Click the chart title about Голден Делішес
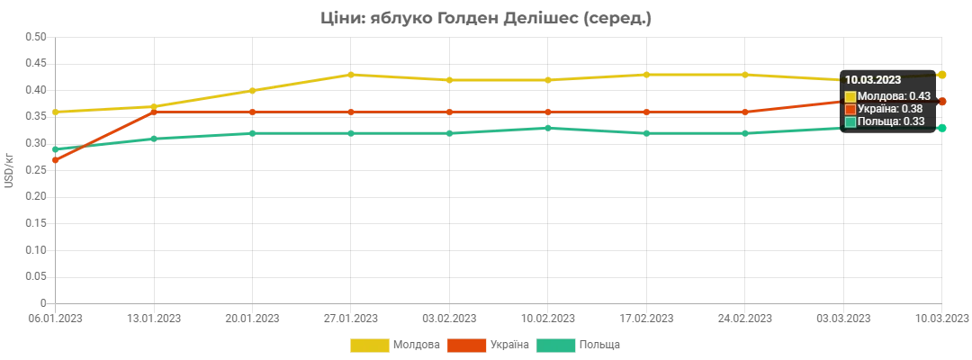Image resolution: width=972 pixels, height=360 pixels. pos(486,19)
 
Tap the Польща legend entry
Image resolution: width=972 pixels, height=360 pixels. pos(578,345)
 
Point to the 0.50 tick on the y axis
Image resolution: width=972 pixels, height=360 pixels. pos(36,37)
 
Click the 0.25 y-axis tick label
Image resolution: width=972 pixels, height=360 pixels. pos(36,170)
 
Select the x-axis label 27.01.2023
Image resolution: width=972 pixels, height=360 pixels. pos(351,319)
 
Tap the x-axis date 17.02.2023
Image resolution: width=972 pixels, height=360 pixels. pos(646,319)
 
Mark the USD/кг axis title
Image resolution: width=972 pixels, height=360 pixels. pos(9,170)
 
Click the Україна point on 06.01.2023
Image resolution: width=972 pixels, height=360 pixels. pos(55,160)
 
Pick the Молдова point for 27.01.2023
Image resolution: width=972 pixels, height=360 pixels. pos(351,75)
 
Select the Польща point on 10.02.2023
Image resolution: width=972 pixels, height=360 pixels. pos(548,129)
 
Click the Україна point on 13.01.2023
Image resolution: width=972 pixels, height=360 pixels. pos(154,112)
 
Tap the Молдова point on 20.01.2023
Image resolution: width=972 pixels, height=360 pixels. pos(252,91)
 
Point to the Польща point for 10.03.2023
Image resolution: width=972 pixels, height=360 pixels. pos(941,129)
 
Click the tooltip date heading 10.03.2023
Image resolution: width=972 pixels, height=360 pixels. pos(873,80)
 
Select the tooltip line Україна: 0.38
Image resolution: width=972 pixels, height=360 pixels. pos(884,109)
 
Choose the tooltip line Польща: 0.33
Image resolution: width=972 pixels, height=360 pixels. pos(885,121)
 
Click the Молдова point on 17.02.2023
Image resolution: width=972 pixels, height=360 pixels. pos(646,75)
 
